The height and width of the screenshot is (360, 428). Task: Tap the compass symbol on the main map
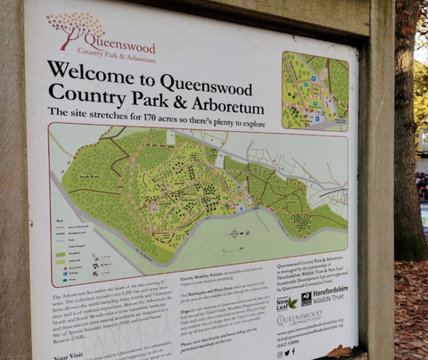(x=235, y=233)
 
